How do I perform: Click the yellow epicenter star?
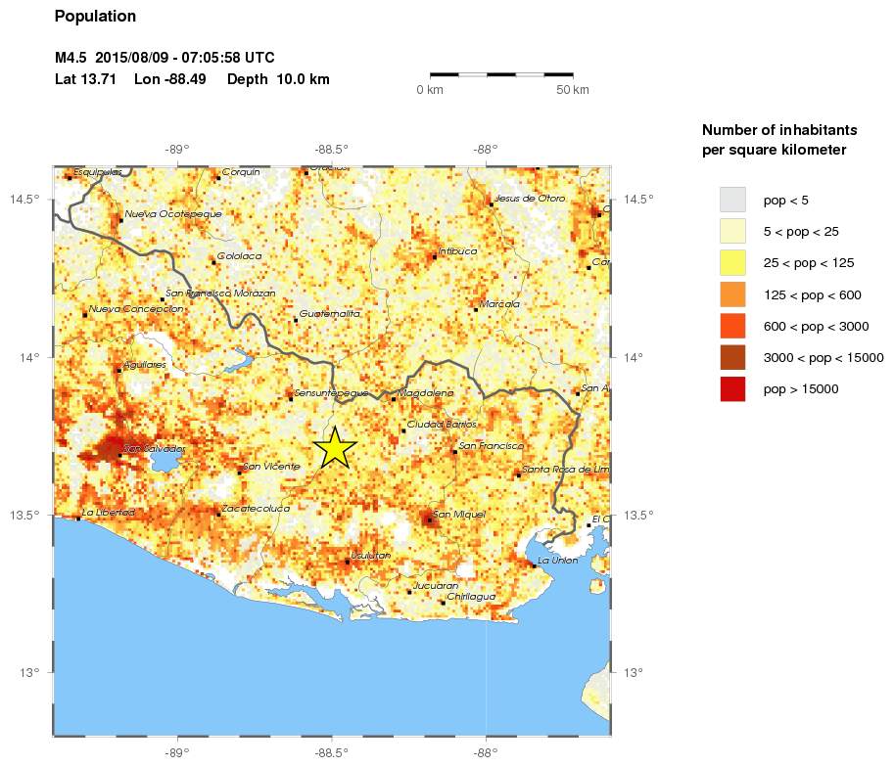coord(335,447)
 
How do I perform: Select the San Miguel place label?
coord(457,514)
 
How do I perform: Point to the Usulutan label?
coord(371,555)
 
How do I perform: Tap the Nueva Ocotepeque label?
coord(173,213)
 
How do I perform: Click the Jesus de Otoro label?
coord(530,198)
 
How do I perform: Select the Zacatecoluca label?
coord(256,509)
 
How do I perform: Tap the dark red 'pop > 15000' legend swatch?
coord(732,388)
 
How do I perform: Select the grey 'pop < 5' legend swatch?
coord(732,200)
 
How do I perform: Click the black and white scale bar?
coord(501,73)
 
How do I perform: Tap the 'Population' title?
coord(95,17)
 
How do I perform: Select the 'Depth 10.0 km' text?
coord(278,78)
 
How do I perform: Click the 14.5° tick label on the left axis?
coord(37,200)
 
